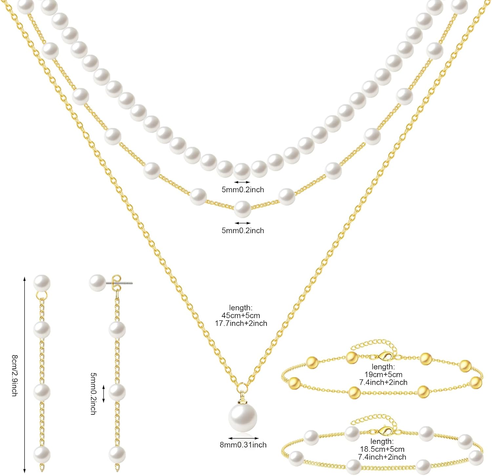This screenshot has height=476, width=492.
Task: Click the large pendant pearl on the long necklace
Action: [243, 418]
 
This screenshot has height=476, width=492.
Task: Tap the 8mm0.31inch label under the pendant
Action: [243, 445]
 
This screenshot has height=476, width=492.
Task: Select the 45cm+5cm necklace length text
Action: [241, 316]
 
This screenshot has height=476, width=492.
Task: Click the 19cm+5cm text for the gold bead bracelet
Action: [383, 374]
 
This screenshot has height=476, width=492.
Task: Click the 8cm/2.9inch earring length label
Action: [14, 376]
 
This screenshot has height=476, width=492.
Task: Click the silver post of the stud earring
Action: [126, 282]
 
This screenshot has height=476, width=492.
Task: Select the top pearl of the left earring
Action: [42, 283]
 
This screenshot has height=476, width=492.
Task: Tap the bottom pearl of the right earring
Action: [117, 454]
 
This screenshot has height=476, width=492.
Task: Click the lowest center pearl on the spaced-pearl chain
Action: [243, 209]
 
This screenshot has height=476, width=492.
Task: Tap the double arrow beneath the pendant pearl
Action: [243, 438]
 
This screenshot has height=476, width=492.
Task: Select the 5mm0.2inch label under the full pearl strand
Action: [243, 190]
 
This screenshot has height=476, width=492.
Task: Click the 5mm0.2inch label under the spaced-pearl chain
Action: [243, 231]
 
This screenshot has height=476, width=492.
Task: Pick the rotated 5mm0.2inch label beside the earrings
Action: [93, 393]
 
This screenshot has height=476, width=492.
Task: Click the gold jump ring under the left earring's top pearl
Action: [42, 296]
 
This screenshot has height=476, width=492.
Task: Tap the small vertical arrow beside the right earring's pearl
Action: [104, 393]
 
